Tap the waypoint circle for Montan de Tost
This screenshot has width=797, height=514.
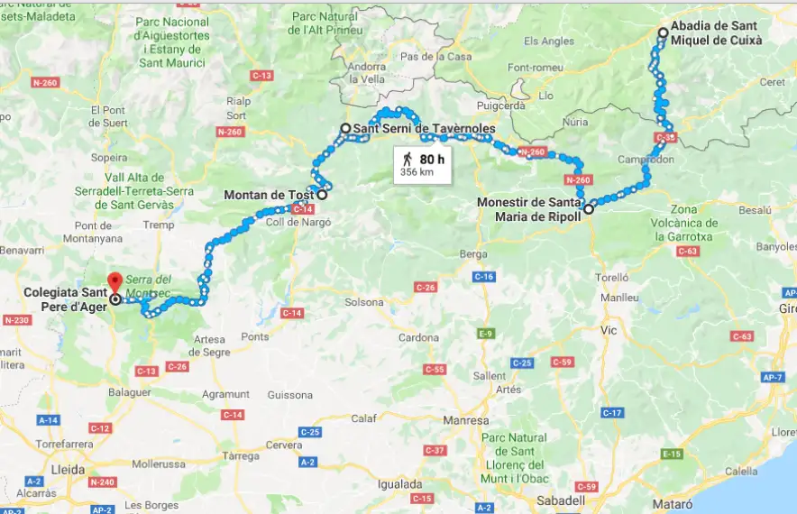322,194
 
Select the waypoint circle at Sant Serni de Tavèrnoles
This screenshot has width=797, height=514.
345,129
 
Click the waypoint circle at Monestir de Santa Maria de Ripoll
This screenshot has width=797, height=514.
589,209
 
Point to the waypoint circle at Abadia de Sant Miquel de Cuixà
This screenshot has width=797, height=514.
664,32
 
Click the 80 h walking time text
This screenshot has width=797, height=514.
433,159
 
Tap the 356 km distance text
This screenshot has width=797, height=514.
417,171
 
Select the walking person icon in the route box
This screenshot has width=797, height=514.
408,159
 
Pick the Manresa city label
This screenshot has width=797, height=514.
465,420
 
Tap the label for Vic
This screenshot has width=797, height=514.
609,331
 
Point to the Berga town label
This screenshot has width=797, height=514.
472,254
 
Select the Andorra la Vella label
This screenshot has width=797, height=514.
366,72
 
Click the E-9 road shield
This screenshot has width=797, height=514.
487,334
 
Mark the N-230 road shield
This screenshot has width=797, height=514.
17,320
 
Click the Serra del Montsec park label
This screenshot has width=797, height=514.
150,287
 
